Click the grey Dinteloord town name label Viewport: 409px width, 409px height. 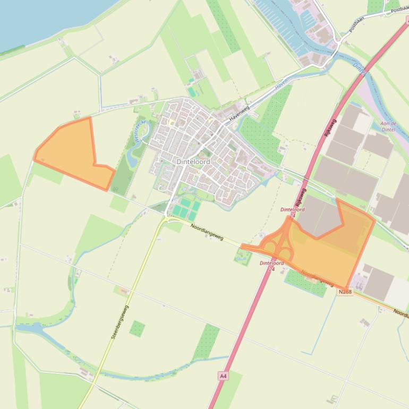(193, 161)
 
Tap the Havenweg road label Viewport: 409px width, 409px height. (239, 115)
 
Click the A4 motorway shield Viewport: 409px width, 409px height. (223, 376)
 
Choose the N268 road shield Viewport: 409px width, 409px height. (345, 292)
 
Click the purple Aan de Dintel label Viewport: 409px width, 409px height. (388, 126)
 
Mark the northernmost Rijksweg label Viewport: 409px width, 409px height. (330, 127)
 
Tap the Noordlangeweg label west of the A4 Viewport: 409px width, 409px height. (207, 233)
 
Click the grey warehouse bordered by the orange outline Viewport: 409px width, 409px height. (319, 218)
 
